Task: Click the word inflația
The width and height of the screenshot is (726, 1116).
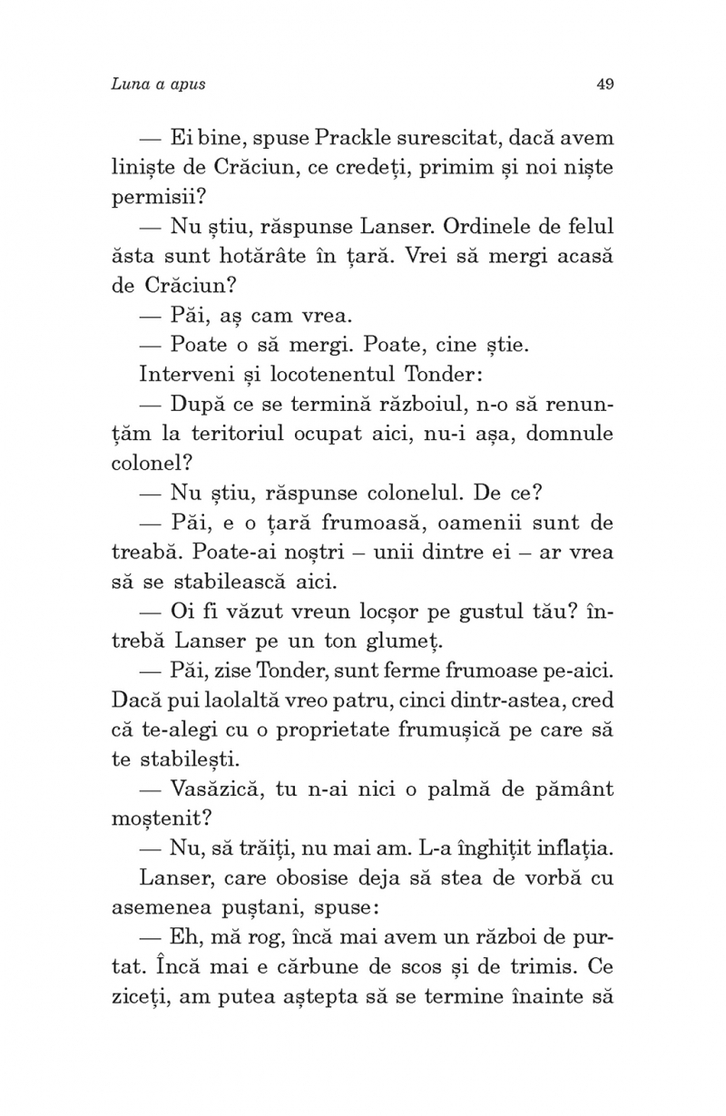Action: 572,848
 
